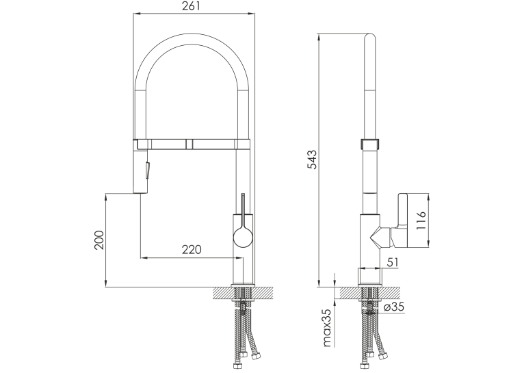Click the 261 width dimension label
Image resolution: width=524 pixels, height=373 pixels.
[x=191, y=6]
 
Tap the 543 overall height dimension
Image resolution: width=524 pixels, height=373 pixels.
[x=311, y=159]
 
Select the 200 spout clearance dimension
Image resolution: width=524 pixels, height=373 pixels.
[x=99, y=240]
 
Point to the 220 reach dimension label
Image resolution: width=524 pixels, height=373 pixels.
[x=192, y=249]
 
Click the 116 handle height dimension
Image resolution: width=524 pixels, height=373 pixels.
[x=422, y=220]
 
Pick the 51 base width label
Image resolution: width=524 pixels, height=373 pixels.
[x=393, y=262]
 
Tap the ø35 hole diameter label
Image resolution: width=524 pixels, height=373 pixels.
[x=394, y=307]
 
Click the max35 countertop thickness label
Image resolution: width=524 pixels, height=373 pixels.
[x=327, y=328]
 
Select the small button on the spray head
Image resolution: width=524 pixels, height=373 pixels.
[x=146, y=170]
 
